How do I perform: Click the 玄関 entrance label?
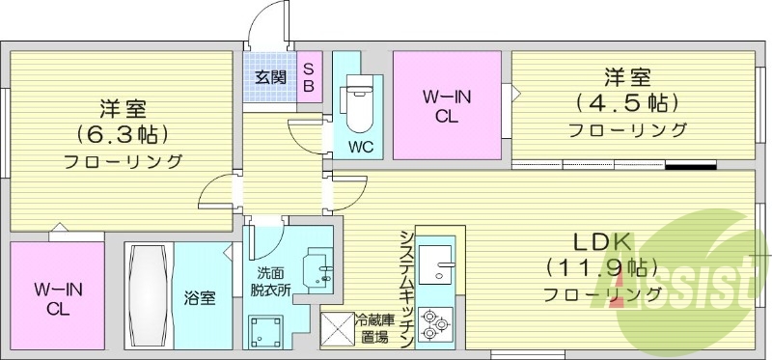click(x=269, y=77)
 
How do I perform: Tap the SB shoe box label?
click(x=309, y=76)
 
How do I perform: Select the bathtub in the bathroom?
click(x=149, y=295)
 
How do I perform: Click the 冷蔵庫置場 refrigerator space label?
click(x=372, y=329)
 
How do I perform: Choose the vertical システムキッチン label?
click(x=406, y=288)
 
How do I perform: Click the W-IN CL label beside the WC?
click(x=446, y=106)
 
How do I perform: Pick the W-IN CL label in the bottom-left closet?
click(x=57, y=299)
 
